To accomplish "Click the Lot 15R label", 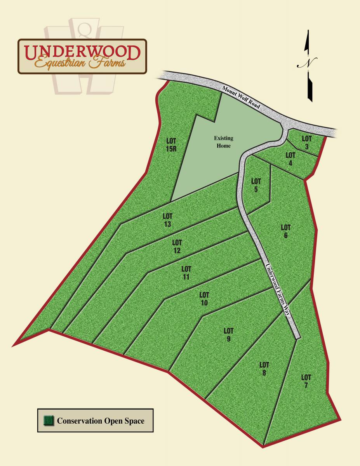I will tap(171, 144).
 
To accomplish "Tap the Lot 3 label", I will tap(307, 142).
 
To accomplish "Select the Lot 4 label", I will tap(290, 159).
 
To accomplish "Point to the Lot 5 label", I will tap(256, 185).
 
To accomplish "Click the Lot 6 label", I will tap(286, 231).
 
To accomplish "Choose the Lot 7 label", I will tap(306, 381).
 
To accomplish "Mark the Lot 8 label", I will tap(264, 369).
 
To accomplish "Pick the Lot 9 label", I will tap(228, 335).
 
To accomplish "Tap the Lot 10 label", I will tap(204, 299).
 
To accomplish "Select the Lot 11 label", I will tap(186, 273).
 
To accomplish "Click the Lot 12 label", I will tap(177, 247).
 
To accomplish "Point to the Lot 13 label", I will tap(167, 220).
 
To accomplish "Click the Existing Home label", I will tap(223, 142).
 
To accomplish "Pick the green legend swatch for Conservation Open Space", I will tap(49, 421).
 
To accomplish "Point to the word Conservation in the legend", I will tap(79, 421).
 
